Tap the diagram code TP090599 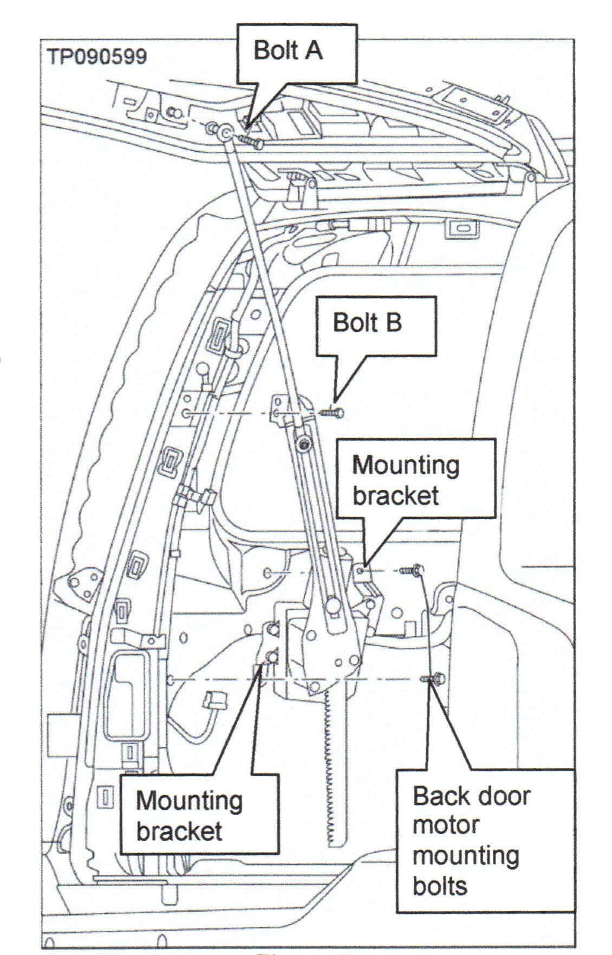click(97, 56)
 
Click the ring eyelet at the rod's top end click(225, 131)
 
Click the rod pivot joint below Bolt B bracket click(304, 444)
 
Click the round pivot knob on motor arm click(332, 606)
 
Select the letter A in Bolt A click(313, 51)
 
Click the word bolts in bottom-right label click(440, 886)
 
